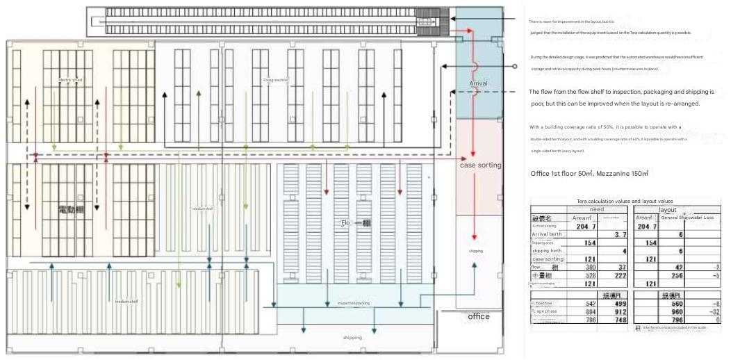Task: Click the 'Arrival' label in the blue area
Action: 478,83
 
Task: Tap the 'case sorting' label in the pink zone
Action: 480,165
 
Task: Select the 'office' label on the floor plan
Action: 479,316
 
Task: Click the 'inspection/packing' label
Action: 354,304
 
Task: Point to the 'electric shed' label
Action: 70,80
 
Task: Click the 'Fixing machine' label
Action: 275,80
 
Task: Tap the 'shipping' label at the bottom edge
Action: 352,338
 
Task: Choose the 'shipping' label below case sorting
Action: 475,251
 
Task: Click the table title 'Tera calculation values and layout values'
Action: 625,201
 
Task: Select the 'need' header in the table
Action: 596,209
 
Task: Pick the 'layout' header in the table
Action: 668,209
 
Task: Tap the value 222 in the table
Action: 620,276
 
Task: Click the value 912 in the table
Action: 620,311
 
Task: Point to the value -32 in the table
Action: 714,311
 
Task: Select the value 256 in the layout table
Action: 677,276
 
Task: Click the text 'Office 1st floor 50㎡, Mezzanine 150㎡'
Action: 589,173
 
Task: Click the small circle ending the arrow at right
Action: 515,67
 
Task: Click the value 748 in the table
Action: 620,320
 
